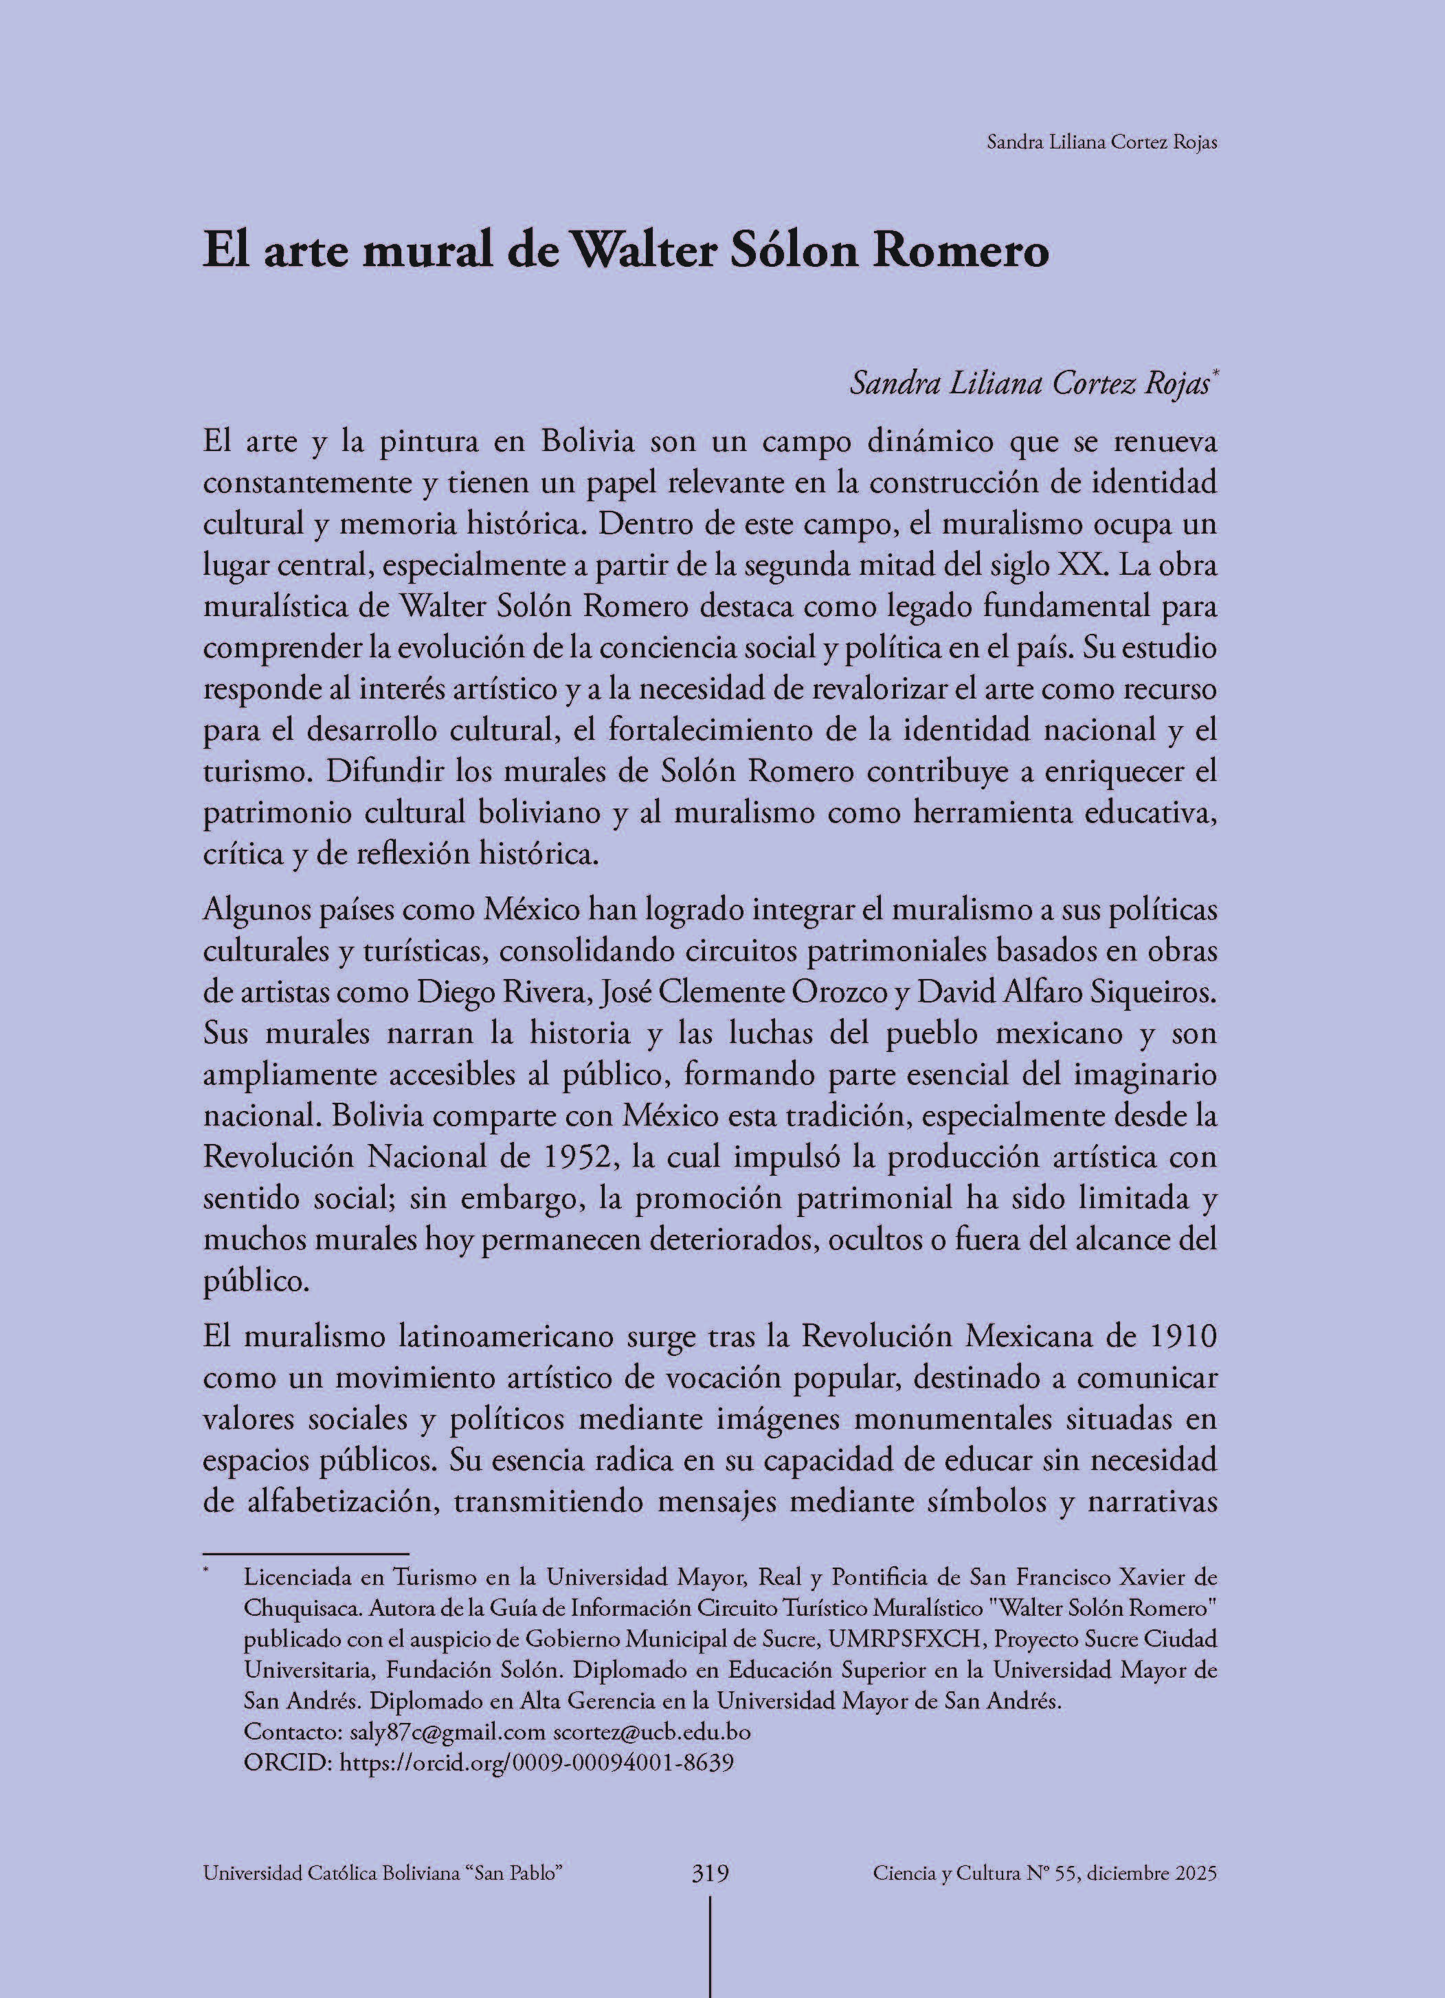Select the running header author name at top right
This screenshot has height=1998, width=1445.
[x=1101, y=143]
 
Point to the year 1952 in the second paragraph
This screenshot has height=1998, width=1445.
[x=573, y=1156]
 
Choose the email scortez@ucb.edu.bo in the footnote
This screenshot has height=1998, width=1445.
[x=651, y=1732]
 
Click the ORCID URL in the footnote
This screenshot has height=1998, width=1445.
[x=536, y=1762]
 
